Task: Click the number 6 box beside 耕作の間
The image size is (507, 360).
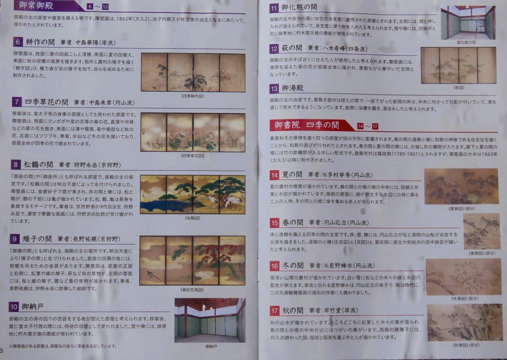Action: pos(18,42)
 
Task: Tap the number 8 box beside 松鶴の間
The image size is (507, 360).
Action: pos(15,164)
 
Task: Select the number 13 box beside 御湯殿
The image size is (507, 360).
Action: pos(274,88)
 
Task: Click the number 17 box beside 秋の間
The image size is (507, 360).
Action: pos(274,310)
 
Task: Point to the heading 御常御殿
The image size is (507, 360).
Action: pos(36,5)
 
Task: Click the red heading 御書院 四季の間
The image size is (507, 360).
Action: pos(307,125)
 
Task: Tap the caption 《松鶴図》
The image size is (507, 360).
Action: pos(193,218)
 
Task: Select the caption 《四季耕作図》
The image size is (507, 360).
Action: pos(193,96)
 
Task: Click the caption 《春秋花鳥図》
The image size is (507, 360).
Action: pos(192,290)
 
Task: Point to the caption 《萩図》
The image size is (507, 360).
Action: pos(459,88)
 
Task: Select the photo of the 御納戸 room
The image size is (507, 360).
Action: pos(210,320)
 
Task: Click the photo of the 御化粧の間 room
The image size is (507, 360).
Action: pos(468,23)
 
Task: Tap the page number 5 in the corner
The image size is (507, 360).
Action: pos(2,351)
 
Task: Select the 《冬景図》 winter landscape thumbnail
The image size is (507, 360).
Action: pos(463,277)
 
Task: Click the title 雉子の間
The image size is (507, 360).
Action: pos(37,239)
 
